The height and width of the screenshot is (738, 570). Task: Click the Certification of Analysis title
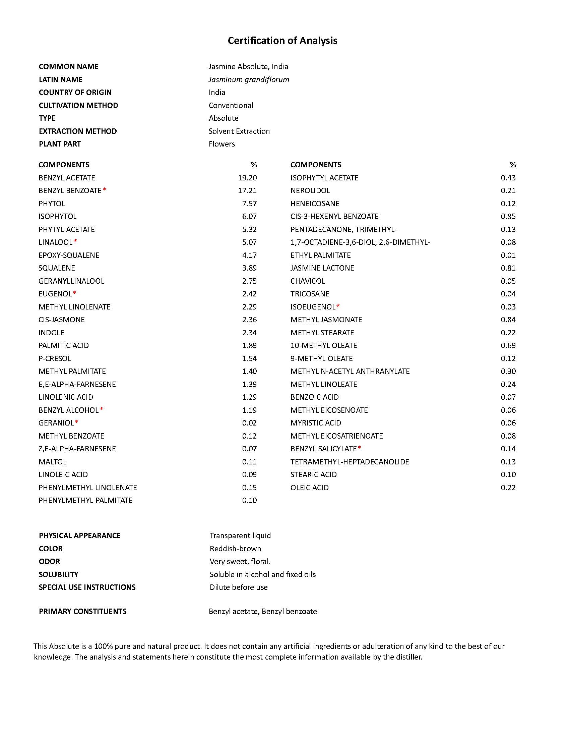coord(282,41)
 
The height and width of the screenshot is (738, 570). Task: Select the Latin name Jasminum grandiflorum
coord(249,79)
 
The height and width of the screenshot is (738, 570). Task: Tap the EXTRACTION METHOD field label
coord(78,131)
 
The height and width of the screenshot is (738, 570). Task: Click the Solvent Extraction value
coord(239,131)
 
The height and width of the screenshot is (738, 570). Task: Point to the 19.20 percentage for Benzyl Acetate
coord(247,178)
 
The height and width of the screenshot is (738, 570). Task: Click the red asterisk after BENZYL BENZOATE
coord(104,190)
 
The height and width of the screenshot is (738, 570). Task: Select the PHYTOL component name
coord(52,204)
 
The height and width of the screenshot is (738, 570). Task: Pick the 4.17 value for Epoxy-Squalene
coord(249,255)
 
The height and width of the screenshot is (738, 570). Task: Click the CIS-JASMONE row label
coord(61,320)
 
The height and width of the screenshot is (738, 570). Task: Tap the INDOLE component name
coord(51,333)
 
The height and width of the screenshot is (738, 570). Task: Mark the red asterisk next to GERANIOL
coord(77,422)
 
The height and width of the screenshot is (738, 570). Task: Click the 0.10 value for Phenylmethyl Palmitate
coord(249,500)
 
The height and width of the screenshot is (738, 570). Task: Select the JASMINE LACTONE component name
coord(322,268)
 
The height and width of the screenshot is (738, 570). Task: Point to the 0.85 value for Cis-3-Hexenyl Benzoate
coord(508,216)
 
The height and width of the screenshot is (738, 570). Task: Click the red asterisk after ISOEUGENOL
coord(338,306)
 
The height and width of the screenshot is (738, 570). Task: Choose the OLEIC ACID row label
coord(309,488)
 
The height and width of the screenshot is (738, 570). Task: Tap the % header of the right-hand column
coord(513,165)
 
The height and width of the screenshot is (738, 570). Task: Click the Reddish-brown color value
coord(235,549)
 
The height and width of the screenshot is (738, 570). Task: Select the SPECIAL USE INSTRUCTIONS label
coord(87,587)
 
